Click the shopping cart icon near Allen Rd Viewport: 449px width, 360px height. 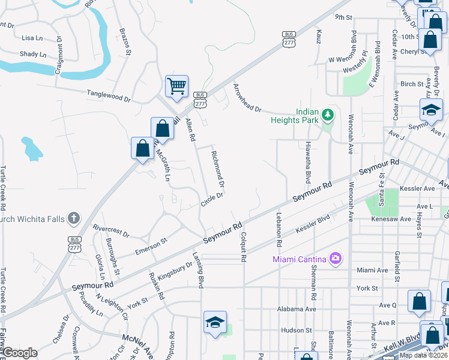tap(176, 86)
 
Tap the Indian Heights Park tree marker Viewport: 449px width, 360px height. tap(327, 113)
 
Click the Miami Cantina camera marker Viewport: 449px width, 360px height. tap(335, 259)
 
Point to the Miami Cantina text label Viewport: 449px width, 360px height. tap(299, 259)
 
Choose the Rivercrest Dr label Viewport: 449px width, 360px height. tap(111, 232)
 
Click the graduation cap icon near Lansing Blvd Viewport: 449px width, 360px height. tap(215, 322)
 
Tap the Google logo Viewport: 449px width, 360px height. tap(19, 353)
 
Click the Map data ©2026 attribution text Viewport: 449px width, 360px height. tap(423, 355)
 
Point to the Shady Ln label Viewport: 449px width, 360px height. tap(34, 54)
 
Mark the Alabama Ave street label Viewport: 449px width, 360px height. tap(297, 309)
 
